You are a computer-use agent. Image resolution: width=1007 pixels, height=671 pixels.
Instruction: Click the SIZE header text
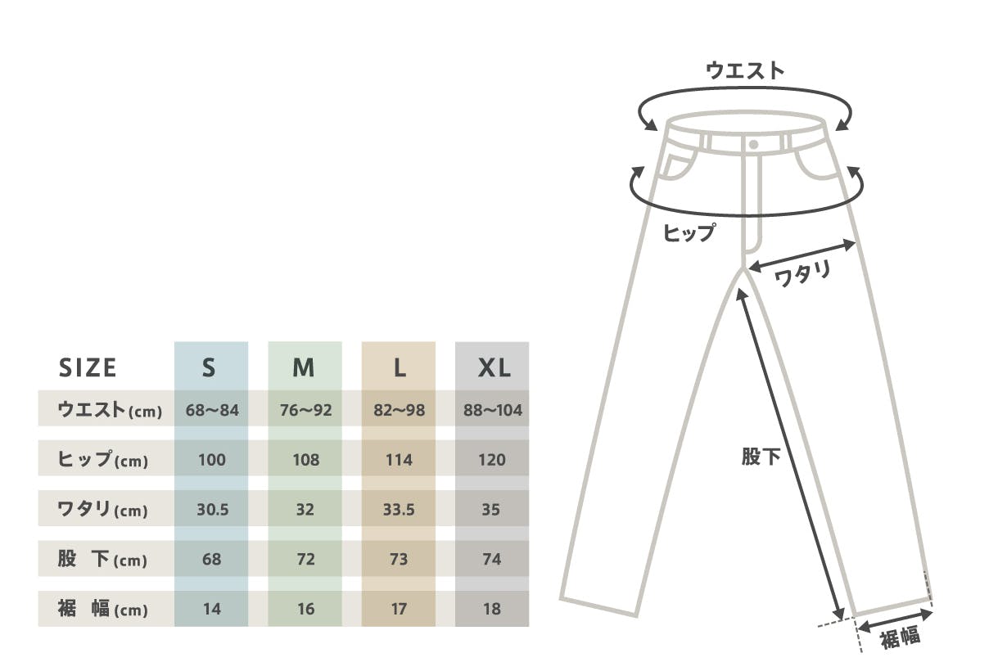(88, 368)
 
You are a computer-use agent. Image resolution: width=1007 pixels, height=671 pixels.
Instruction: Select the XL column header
(494, 368)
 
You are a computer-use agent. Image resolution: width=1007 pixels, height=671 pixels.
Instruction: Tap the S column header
(209, 368)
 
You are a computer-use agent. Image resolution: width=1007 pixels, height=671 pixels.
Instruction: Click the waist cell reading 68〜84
(212, 410)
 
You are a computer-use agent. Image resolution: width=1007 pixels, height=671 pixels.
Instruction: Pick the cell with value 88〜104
(492, 410)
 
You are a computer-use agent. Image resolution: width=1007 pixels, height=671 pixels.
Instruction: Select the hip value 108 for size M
(305, 460)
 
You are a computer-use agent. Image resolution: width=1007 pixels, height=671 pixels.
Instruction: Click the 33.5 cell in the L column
(399, 510)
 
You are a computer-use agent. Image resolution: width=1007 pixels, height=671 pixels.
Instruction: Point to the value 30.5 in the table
(212, 510)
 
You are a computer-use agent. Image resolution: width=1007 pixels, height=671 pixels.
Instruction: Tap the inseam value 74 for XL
(492, 560)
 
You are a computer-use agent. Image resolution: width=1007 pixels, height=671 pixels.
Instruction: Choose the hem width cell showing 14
(212, 610)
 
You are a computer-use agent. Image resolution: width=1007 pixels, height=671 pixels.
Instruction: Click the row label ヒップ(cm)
(103, 461)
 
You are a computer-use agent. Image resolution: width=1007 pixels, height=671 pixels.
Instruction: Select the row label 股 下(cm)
(103, 561)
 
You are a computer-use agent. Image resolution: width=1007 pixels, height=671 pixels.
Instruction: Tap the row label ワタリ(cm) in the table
(103, 511)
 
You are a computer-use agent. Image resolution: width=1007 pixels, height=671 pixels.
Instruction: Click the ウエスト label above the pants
(745, 71)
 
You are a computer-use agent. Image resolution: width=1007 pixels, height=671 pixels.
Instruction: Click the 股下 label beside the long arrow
(761, 457)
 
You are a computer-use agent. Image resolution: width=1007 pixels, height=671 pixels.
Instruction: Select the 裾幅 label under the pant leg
(901, 637)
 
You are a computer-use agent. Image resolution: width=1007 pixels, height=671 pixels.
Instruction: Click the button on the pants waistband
(753, 144)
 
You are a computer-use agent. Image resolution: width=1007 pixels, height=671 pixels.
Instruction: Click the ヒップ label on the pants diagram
(689, 233)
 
